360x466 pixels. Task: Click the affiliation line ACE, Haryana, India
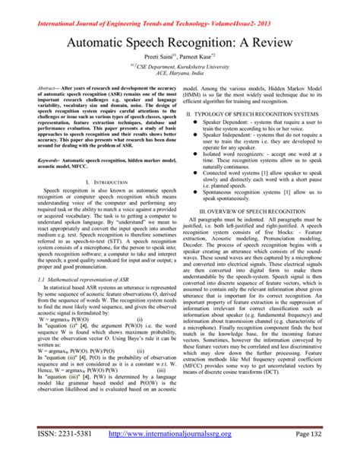[180, 74]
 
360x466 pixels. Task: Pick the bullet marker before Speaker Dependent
[196, 122]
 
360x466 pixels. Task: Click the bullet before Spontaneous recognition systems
[196, 192]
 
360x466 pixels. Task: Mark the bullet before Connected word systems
[196, 172]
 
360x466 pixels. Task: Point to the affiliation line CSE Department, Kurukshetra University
[180, 65]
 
